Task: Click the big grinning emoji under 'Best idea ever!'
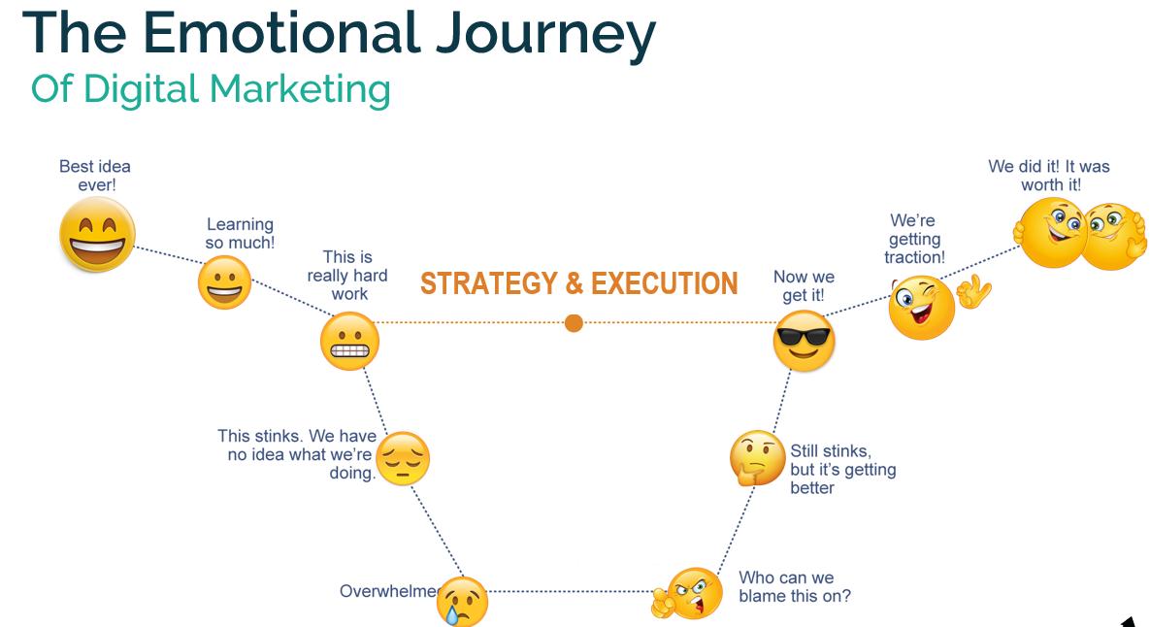point(97,235)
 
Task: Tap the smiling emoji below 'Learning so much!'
point(224,284)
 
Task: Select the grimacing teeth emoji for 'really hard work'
point(349,342)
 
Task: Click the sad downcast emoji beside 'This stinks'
point(402,460)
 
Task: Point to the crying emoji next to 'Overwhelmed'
point(463,600)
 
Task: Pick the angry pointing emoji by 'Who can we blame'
point(692,593)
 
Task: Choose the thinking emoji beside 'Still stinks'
point(757,458)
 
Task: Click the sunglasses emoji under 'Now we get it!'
point(805,341)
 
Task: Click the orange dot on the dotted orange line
point(574,322)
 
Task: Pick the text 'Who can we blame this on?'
point(794,587)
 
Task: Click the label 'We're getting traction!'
point(913,239)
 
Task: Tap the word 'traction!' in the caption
point(914,257)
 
